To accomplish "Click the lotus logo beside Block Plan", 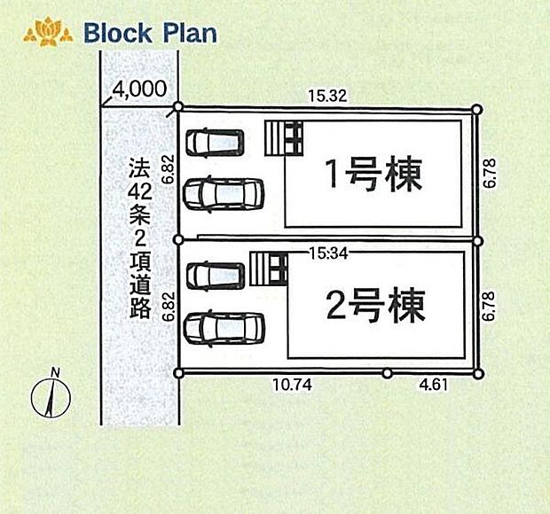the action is (48, 33).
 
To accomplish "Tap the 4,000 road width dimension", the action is (139, 89).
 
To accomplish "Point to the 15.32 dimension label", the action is (327, 96).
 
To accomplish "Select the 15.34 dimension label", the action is (328, 253).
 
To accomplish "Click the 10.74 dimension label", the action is (292, 385).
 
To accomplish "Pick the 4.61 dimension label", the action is (434, 385).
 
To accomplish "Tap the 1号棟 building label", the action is (374, 175).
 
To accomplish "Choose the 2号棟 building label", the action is (375, 305).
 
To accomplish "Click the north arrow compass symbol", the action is (51, 395).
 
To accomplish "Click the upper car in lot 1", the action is (215, 143).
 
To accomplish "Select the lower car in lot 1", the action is (223, 194).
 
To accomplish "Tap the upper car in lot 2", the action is (215, 276).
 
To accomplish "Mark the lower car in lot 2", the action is (224, 328).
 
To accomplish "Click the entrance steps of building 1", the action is (284, 138).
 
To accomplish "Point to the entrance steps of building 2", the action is (268, 269).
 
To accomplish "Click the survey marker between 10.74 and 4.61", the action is (387, 373).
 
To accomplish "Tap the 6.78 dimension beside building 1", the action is (490, 173).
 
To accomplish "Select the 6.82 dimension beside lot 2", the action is (169, 307).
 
